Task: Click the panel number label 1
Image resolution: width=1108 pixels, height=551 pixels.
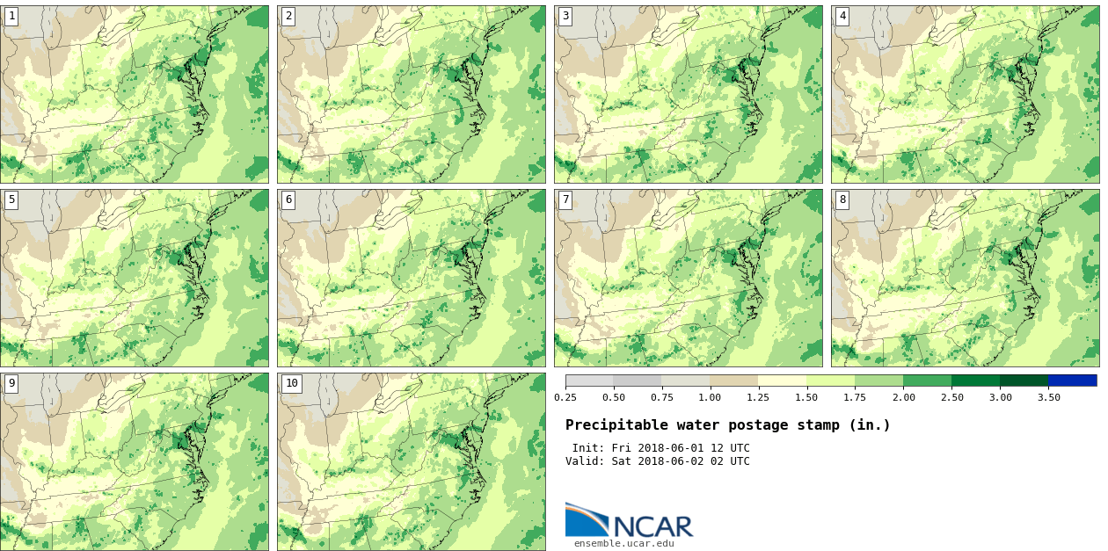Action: tap(11, 16)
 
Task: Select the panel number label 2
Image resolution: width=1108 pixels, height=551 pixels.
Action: tap(288, 16)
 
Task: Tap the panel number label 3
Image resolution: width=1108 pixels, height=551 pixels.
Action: tap(565, 16)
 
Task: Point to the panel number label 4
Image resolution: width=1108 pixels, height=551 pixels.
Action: tap(842, 16)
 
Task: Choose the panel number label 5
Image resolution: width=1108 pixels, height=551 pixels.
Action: tap(11, 199)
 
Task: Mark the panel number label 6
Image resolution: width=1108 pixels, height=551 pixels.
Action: tap(288, 199)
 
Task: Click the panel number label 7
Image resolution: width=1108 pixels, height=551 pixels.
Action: tap(565, 199)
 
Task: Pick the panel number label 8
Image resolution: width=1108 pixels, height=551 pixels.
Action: tap(842, 199)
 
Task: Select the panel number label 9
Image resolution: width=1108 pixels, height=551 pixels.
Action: tap(11, 383)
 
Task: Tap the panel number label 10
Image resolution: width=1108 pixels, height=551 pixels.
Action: tap(291, 383)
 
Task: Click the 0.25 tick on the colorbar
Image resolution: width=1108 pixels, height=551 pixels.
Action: tap(565, 397)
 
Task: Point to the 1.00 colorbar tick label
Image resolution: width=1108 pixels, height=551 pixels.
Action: tap(710, 397)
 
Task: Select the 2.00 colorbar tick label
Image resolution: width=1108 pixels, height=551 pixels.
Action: tap(903, 397)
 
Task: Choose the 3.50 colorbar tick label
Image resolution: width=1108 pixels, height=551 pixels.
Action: tap(1048, 397)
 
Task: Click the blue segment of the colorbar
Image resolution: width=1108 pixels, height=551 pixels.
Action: tap(1072, 381)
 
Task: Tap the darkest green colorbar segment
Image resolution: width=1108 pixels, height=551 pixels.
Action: tap(1024, 381)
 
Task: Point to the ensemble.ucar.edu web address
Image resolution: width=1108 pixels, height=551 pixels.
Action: tap(624, 543)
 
